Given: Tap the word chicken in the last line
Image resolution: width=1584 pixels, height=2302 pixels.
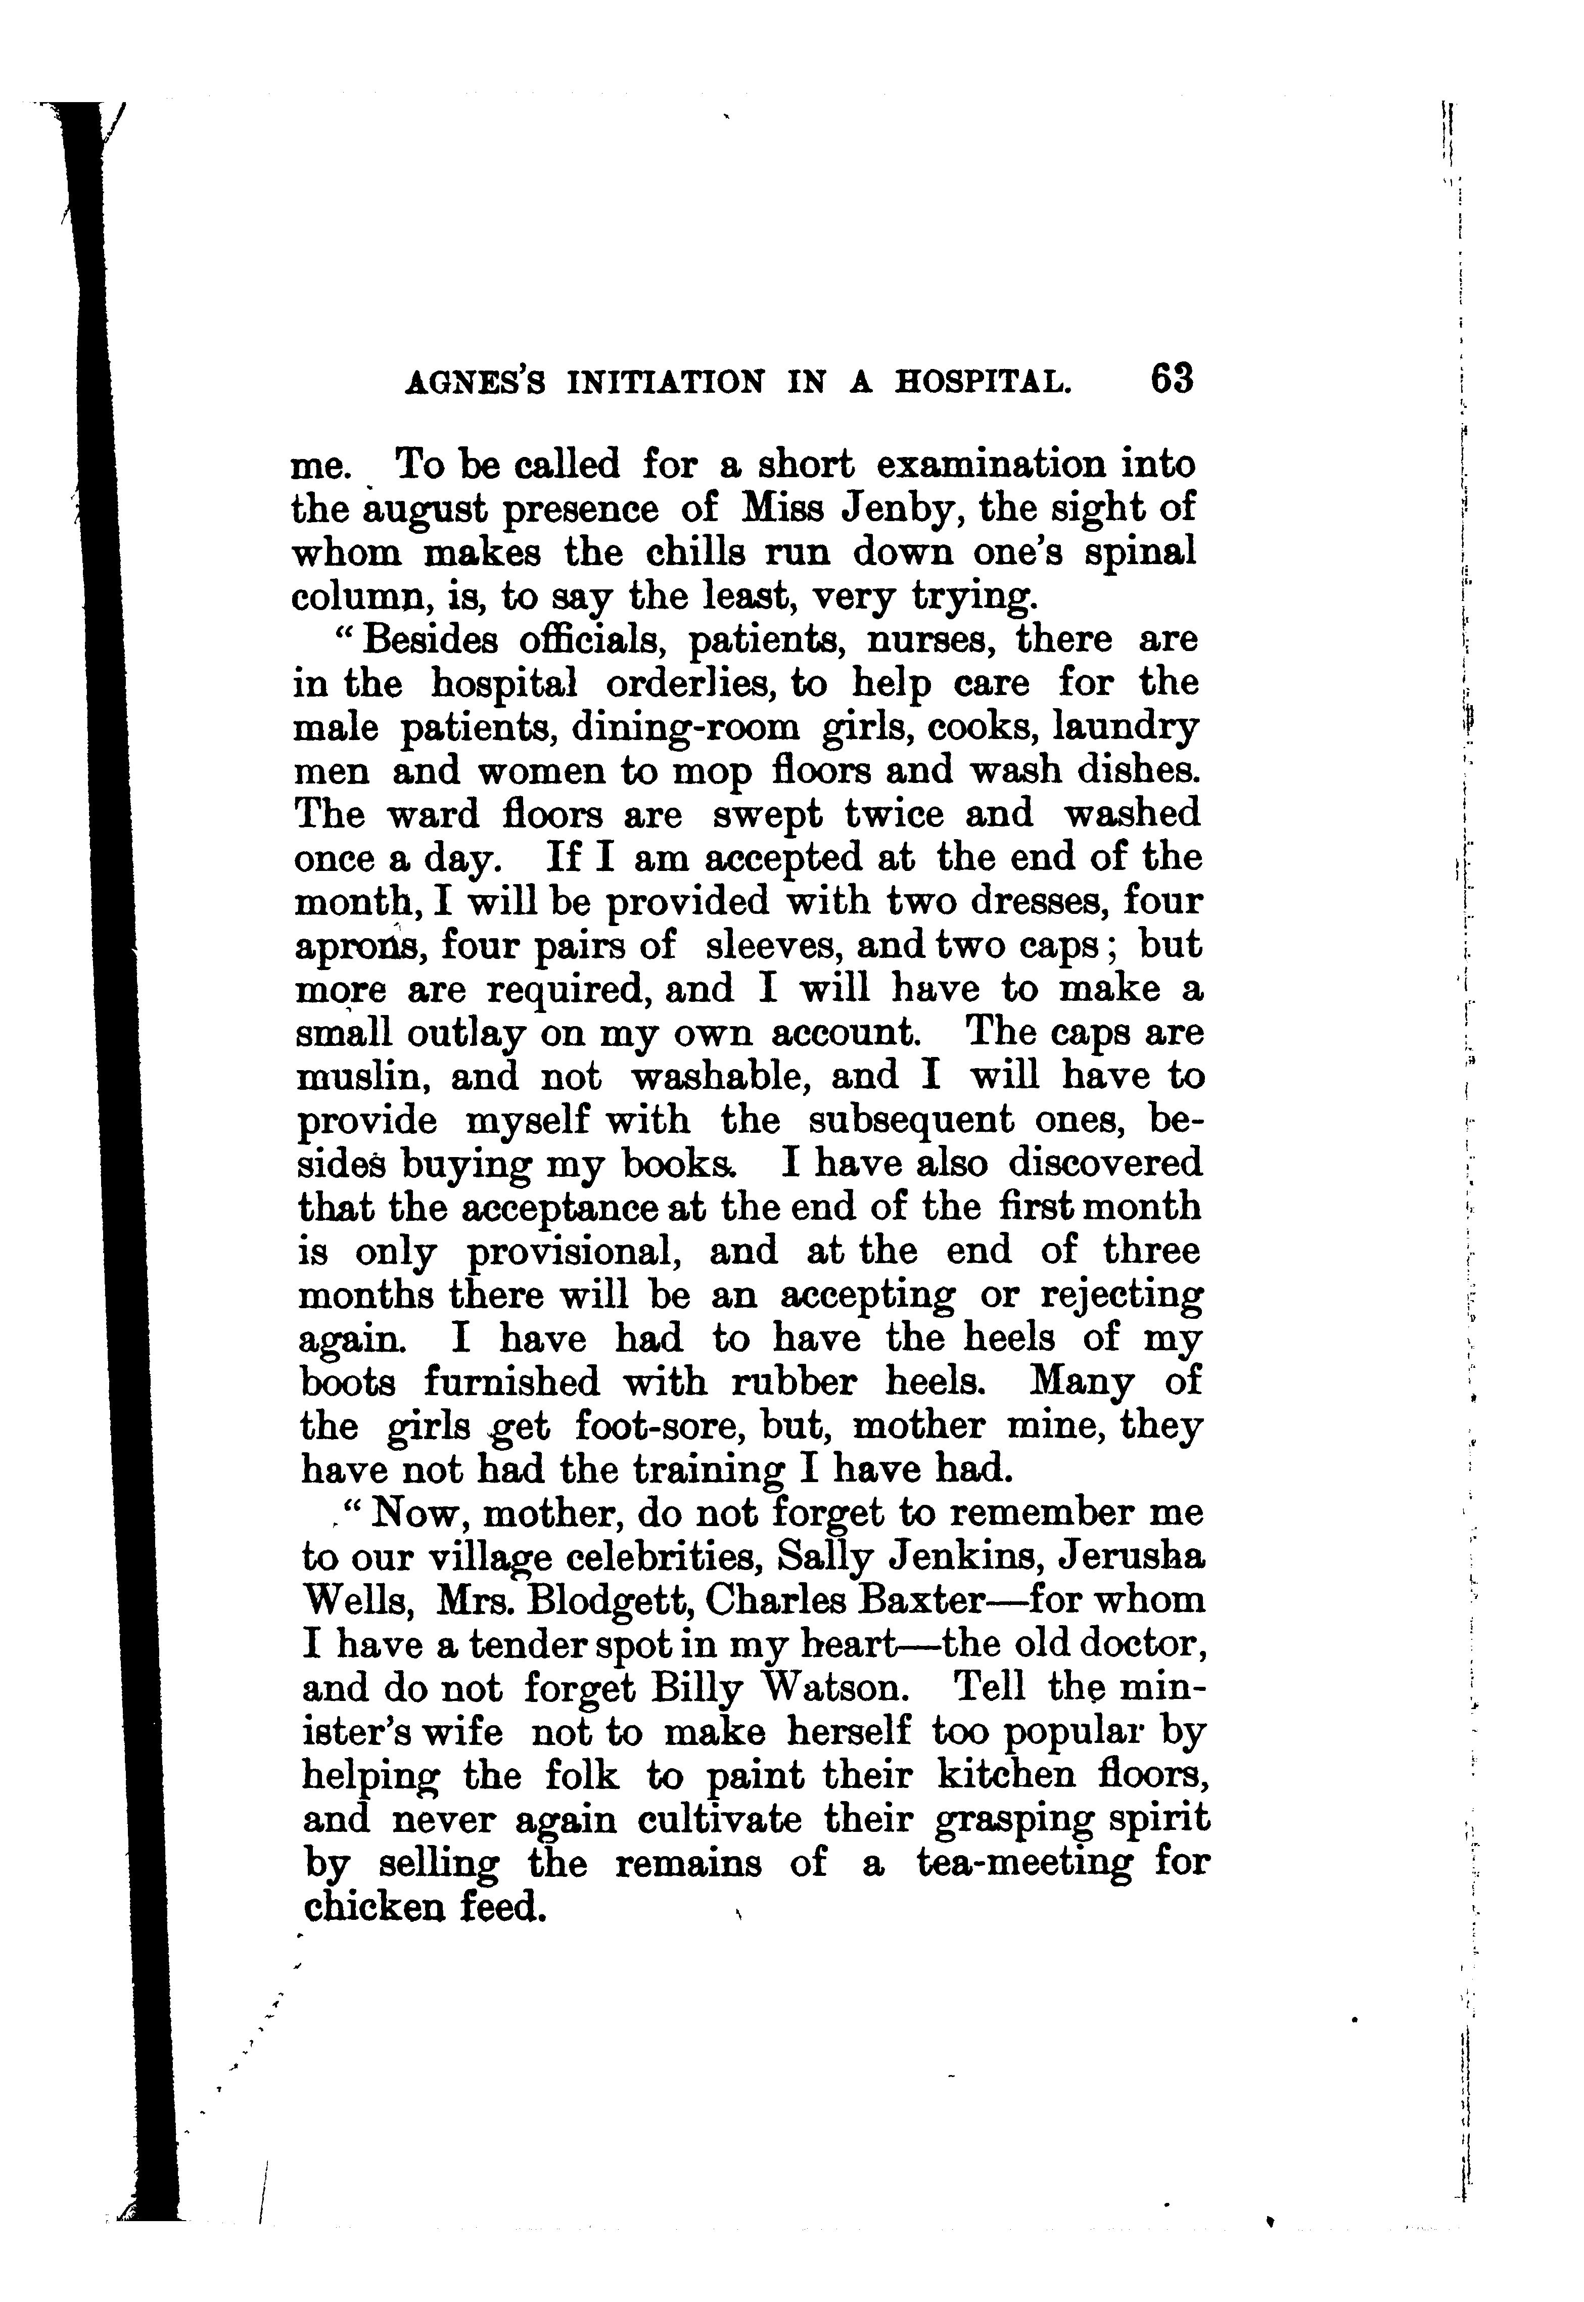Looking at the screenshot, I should click(368, 1907).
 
